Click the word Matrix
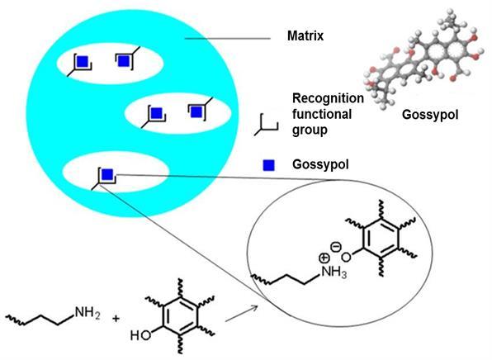(305, 36)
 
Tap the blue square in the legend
(268, 165)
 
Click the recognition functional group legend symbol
(266, 125)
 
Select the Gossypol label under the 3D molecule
(430, 115)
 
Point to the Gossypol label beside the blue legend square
(320, 164)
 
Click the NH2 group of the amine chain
(88, 313)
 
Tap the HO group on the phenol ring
(140, 335)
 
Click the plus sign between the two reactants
(116, 319)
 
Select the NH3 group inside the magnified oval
(334, 272)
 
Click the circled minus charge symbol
(336, 247)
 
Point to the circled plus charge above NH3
(324, 258)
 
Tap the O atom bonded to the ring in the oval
(346, 258)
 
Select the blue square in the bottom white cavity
(107, 174)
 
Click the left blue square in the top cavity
(83, 61)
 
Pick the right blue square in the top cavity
(124, 60)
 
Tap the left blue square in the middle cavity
(156, 113)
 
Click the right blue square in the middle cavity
(196, 111)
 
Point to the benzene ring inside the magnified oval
(381, 237)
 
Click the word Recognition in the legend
(328, 98)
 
